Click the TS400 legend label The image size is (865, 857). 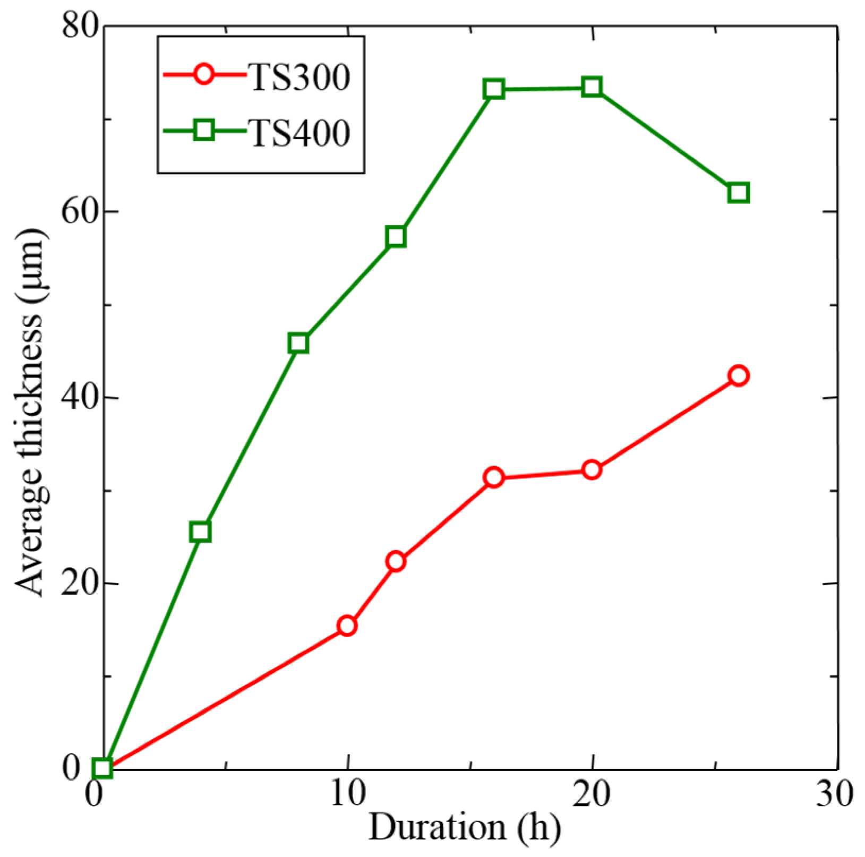(x=300, y=132)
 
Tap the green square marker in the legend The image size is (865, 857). (x=204, y=130)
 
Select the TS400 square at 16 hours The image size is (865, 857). (x=494, y=89)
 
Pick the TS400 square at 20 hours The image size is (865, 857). (x=592, y=87)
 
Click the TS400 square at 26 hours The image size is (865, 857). (x=739, y=192)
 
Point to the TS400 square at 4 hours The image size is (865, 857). (x=200, y=532)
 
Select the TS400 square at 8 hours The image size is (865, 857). (x=298, y=343)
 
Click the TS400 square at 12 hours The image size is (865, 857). (x=396, y=236)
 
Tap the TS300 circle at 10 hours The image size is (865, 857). (x=347, y=626)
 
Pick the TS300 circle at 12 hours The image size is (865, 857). (x=396, y=561)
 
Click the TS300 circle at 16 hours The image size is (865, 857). (x=494, y=477)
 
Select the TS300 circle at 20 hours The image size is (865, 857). (x=592, y=470)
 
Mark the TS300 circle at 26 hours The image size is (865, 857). (x=739, y=376)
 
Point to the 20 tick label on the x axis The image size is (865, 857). (x=592, y=794)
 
